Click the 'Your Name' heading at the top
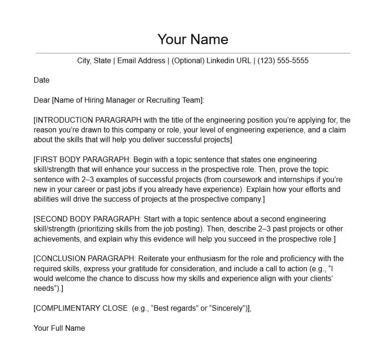click(x=193, y=39)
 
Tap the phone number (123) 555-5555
click(x=283, y=61)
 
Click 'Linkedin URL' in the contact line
click(x=229, y=61)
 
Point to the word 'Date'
click(x=41, y=80)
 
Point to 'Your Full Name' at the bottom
click(x=59, y=328)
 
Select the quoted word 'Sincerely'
click(x=228, y=308)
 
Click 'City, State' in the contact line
click(x=94, y=61)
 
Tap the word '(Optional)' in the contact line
click(x=188, y=61)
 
